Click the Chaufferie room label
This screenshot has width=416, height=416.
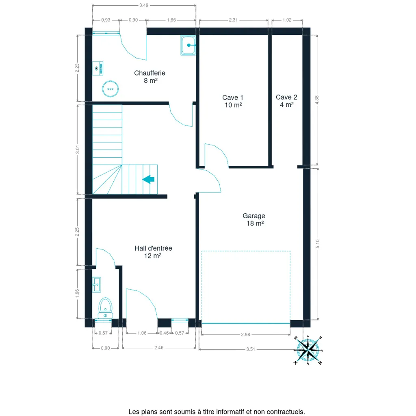149,77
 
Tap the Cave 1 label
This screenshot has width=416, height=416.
233,101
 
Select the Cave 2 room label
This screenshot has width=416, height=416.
286,101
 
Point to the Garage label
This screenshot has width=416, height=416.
254,220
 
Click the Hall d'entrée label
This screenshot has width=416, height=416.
153,252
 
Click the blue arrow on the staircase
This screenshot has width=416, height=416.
149,179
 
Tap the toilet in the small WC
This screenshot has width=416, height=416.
105,308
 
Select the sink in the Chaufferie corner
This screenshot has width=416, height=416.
188,45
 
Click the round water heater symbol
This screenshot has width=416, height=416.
110,89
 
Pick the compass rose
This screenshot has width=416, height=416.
308,350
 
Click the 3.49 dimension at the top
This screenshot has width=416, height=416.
144,5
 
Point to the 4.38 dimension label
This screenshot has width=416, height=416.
317,100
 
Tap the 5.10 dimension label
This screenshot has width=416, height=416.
318,244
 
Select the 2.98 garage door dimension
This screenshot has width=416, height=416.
245,335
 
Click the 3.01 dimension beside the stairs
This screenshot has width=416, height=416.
78,149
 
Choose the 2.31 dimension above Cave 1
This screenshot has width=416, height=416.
233,20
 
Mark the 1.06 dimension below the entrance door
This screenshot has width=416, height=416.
142,333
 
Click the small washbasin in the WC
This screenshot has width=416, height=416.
97,285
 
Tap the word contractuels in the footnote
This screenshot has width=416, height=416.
286,412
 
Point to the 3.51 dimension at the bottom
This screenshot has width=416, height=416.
251,349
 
